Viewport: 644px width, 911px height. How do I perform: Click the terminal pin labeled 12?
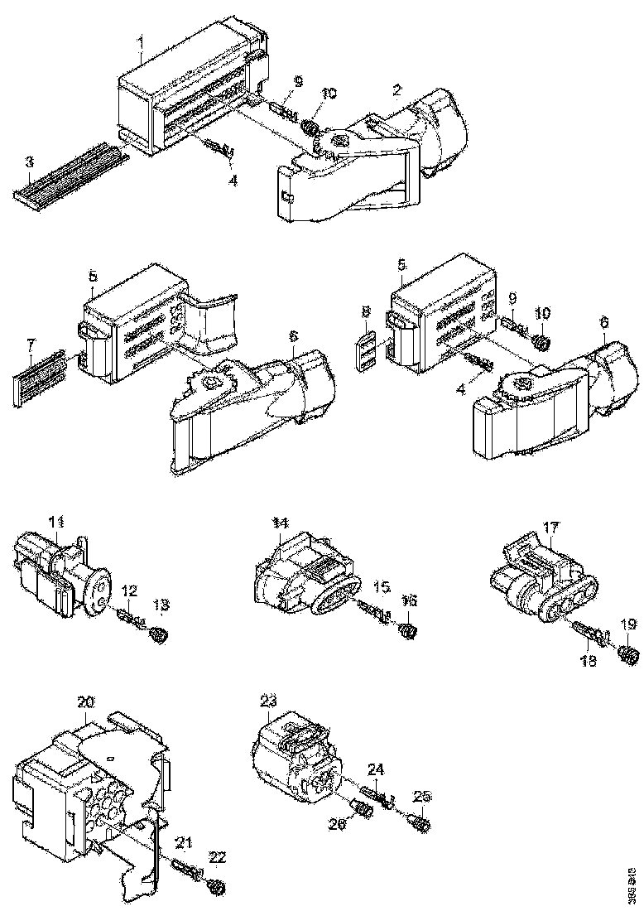129,618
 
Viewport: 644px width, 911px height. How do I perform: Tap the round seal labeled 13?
159,635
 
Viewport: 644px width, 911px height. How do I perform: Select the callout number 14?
281,523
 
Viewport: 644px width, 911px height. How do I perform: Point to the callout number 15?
381,587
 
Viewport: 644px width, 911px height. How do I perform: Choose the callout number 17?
552,526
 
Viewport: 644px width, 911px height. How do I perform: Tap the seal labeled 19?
628,655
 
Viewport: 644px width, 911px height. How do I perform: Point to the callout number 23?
268,701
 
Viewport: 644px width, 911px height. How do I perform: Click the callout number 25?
423,797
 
